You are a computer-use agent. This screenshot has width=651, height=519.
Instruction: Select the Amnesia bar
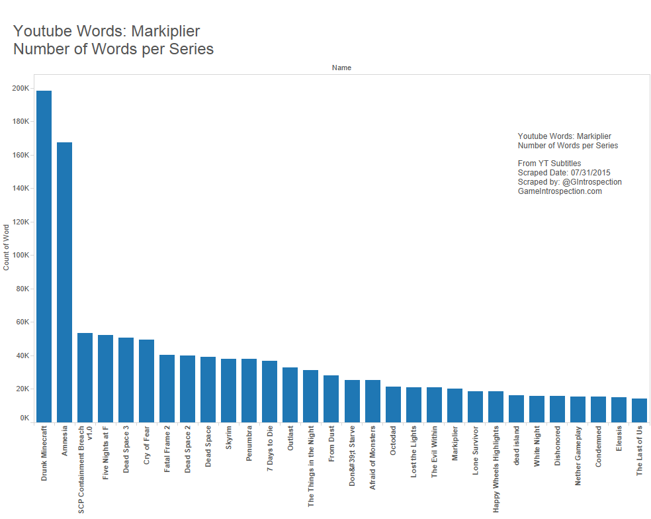coord(64,282)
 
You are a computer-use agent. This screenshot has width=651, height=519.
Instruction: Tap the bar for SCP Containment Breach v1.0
coord(85,377)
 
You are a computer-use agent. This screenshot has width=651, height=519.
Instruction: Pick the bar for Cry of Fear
coord(146,381)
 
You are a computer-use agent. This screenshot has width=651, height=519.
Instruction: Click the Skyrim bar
coord(228,390)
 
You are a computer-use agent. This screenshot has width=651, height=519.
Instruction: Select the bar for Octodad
coord(393,404)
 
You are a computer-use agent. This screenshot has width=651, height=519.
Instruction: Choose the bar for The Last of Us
coord(639,410)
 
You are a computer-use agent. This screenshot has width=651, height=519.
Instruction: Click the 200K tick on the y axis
coord(21,88)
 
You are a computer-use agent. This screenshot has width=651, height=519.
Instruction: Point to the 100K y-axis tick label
coord(21,255)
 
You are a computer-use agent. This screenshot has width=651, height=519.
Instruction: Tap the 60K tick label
coord(22,322)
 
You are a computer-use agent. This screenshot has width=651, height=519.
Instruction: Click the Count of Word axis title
coord(7,248)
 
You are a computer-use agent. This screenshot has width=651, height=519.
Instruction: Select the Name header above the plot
coord(341,68)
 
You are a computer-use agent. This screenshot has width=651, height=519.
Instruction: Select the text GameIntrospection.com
coord(560,191)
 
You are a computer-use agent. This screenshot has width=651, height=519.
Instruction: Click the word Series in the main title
coord(189,49)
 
